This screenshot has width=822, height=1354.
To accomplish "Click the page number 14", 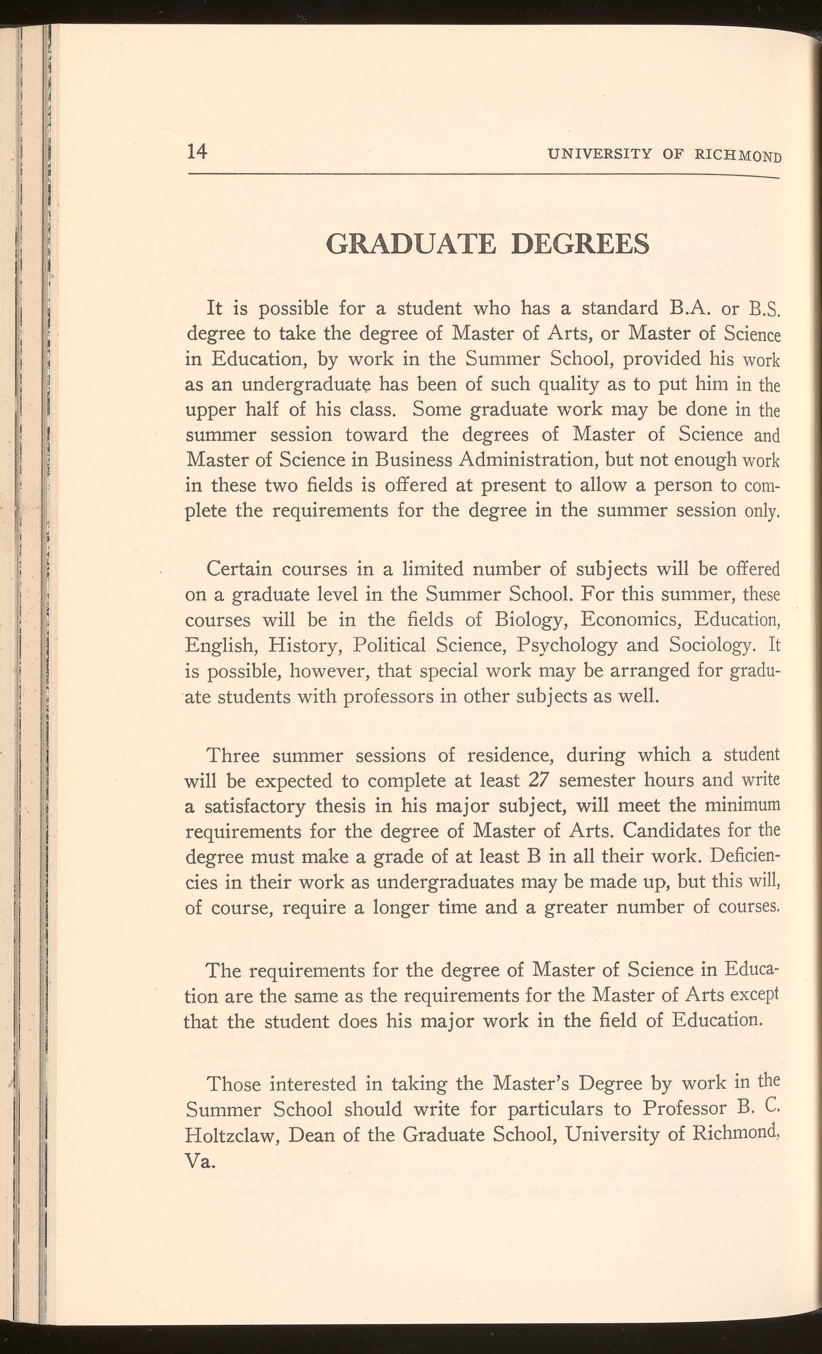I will tap(197, 151).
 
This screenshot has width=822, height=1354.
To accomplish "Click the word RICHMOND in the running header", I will tap(737, 156).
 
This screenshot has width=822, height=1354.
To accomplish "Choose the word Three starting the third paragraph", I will tap(233, 755).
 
